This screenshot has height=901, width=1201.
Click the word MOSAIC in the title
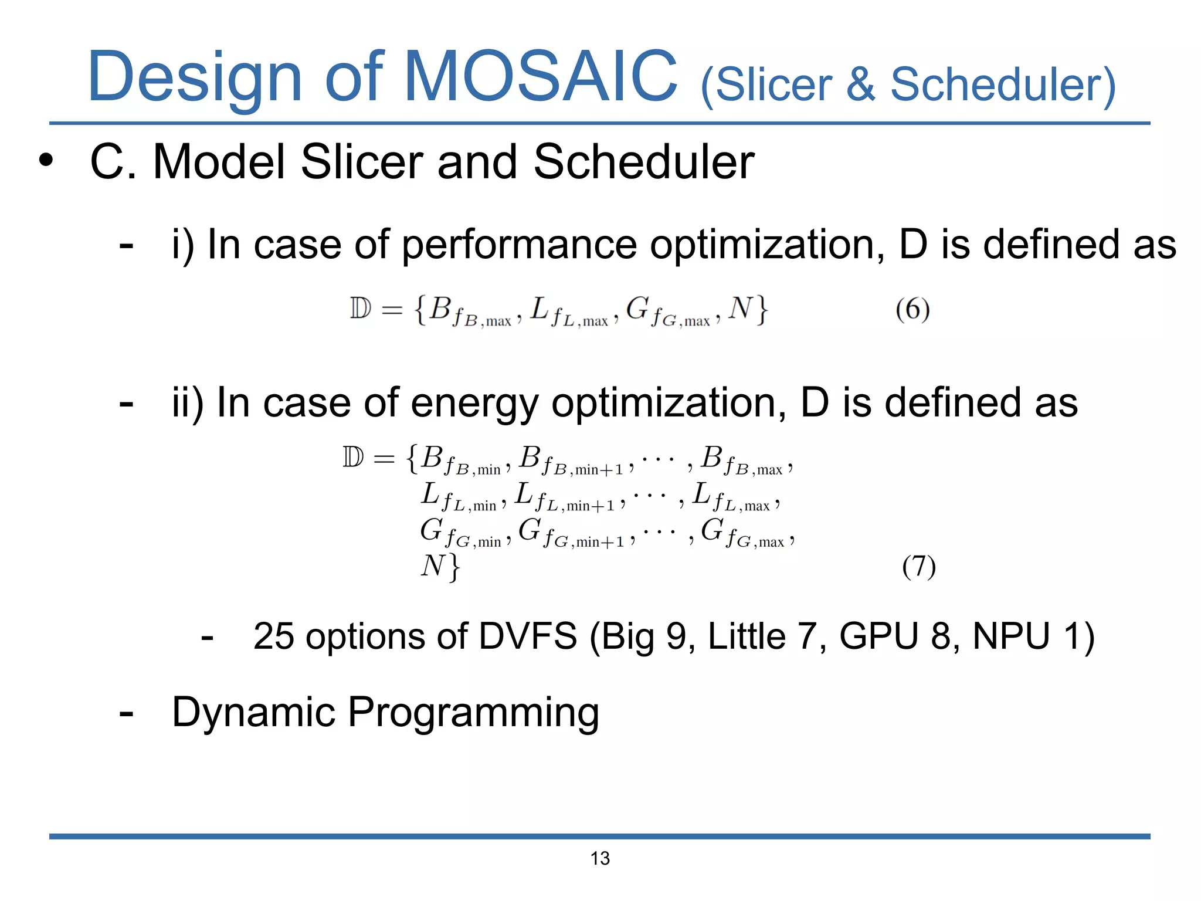pyautogui.click(x=540, y=76)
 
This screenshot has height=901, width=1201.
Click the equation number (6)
pyautogui.click(x=912, y=309)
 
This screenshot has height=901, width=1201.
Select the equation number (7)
pyautogui.click(x=918, y=567)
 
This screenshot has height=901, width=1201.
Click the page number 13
pyautogui.click(x=600, y=858)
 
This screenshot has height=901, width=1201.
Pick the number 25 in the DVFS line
pyautogui.click(x=273, y=636)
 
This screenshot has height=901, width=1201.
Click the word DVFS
pyautogui.click(x=528, y=636)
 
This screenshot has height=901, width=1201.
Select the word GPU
pyautogui.click(x=878, y=636)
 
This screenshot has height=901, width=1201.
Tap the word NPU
pyautogui.click(x=1011, y=636)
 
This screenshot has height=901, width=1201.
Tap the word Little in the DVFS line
pyautogui.click(x=747, y=636)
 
